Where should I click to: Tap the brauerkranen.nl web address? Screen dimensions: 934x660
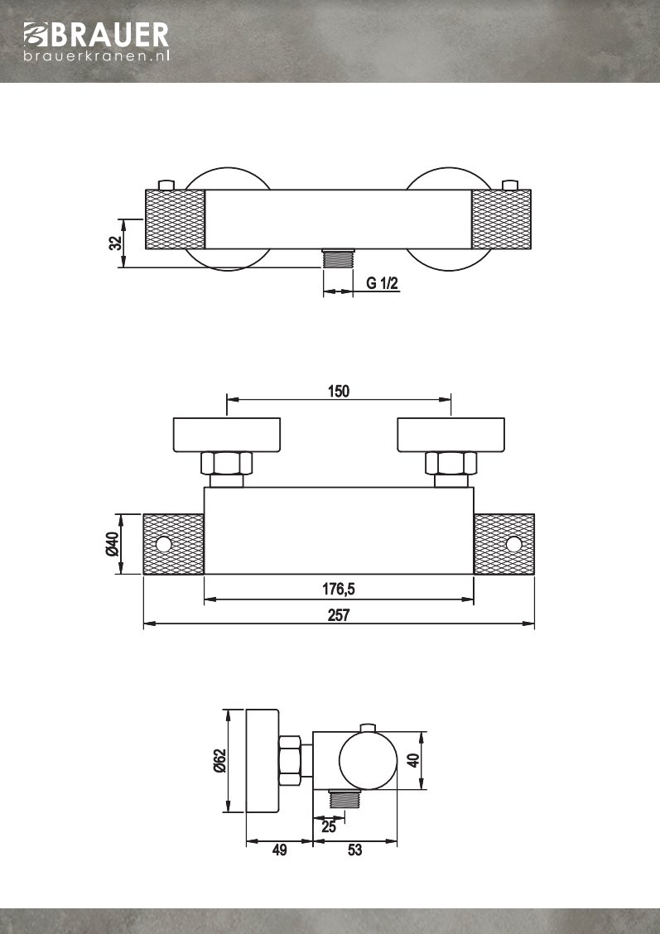coord(96,56)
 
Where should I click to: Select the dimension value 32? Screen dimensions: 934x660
coord(115,243)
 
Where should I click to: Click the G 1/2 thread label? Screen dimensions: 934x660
coord(383,284)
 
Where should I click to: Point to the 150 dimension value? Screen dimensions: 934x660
coord(338,392)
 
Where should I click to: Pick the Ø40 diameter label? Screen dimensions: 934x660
coord(113,544)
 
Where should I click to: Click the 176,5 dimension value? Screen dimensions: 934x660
coord(338,590)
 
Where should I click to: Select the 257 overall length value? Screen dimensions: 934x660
coord(338,615)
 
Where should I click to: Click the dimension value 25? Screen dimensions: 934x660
coord(328,826)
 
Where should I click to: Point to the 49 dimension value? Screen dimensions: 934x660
coord(280,850)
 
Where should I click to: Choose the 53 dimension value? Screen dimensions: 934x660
coord(354,850)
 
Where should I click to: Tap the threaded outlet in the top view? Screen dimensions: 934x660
coord(337,258)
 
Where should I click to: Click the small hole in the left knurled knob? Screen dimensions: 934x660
coord(163,544)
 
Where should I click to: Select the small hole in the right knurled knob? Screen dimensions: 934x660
coord(513,544)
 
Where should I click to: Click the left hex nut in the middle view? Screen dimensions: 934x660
coord(226,463)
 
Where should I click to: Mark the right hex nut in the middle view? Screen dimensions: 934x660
coord(451,463)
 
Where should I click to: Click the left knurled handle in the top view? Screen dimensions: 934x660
coord(175,219)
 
